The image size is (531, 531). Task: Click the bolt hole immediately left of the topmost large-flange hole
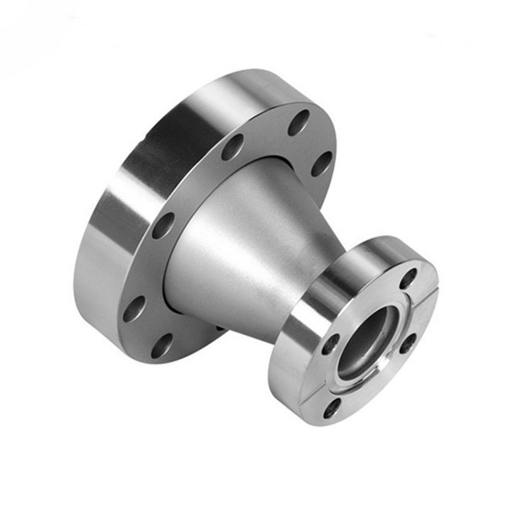232,147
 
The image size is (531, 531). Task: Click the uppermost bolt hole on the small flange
409,278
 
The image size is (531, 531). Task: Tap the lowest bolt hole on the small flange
330,406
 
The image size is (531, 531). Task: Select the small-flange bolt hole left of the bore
330,344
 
